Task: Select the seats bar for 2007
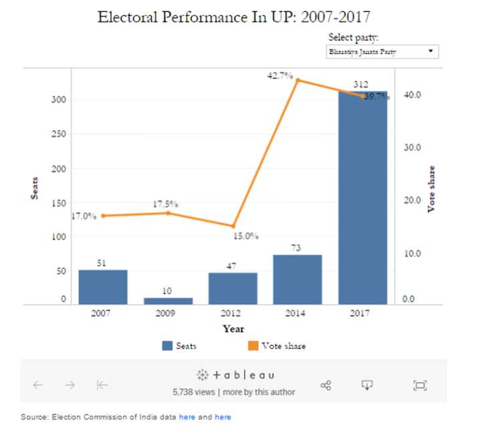[x=102, y=287]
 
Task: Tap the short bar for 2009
[x=168, y=301]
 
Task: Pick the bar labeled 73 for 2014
[x=297, y=279]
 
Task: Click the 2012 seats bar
[x=233, y=288]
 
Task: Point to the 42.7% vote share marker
[x=297, y=80]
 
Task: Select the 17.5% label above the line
[x=165, y=203]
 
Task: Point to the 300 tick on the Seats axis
[x=58, y=100]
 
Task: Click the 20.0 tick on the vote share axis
[x=412, y=200]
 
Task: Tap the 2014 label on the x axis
[x=297, y=313]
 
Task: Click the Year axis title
[x=233, y=328]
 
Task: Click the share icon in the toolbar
[x=326, y=385]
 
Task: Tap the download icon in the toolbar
[x=367, y=385]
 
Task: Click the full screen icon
[x=420, y=385]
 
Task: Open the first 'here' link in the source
[x=187, y=417]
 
